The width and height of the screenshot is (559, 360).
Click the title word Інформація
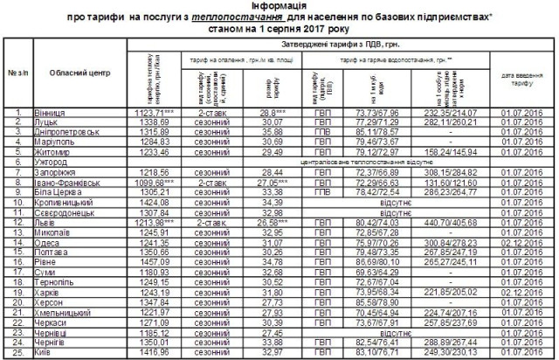[x=279, y=6]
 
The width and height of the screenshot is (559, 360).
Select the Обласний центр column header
[x=77, y=73]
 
